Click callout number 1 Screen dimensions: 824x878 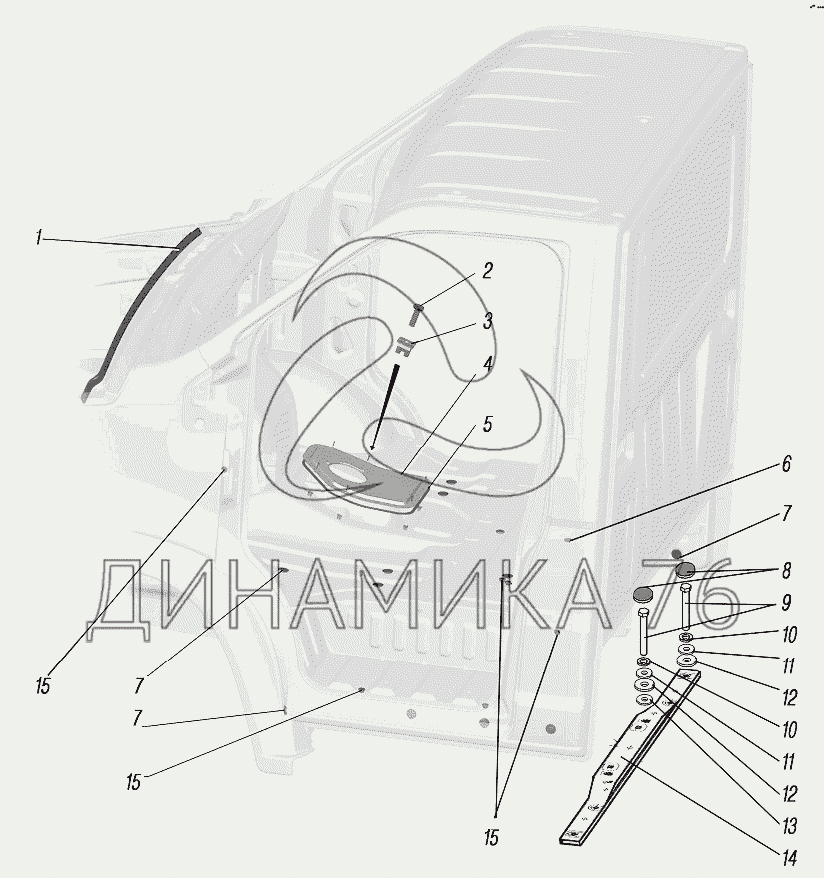tap(38, 238)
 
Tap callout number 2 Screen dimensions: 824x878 tap(488, 271)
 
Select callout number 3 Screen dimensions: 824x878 tap(488, 321)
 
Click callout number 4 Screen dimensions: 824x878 tap(488, 365)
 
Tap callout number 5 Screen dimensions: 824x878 tap(488, 424)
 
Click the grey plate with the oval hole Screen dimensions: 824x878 tap(367, 479)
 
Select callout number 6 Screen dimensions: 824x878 tap(786, 464)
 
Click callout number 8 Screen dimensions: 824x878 tap(786, 571)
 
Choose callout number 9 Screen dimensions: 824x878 tap(786, 603)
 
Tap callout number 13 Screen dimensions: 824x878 tap(789, 826)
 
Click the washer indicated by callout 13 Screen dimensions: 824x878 tap(644, 701)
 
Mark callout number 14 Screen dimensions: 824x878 tap(789, 857)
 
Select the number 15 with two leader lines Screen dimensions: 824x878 tap(491, 839)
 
